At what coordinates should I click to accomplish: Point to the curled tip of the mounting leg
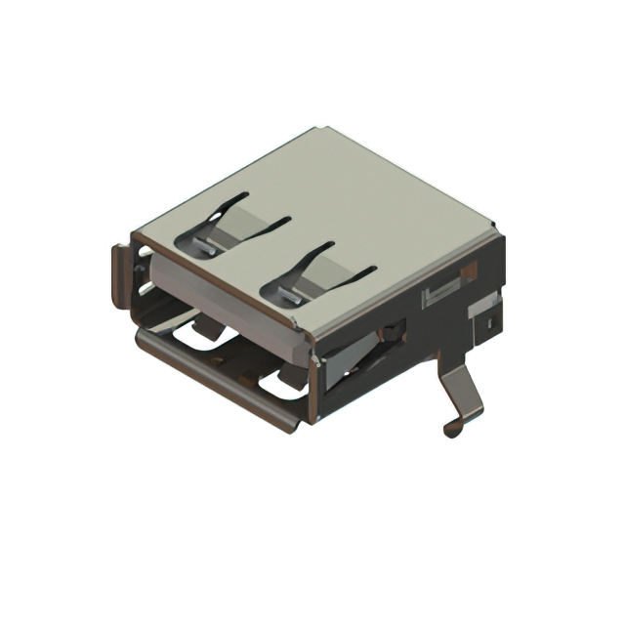(x=451, y=428)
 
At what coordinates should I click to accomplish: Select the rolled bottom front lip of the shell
(x=215, y=381)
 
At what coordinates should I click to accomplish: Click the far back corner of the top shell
(x=323, y=130)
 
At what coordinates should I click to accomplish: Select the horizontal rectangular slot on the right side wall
(x=439, y=292)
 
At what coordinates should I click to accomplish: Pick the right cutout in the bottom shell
(x=283, y=386)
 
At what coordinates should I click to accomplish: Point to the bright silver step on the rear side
(x=482, y=311)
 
